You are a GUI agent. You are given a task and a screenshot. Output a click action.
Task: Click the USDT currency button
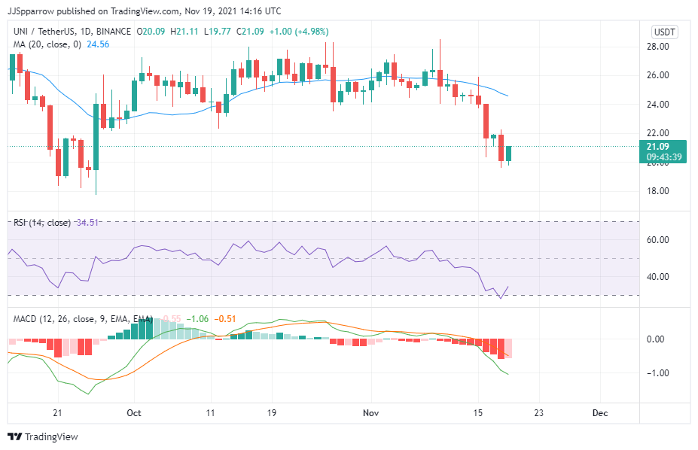[x=664, y=32]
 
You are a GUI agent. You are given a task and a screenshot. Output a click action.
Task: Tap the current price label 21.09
[x=658, y=146]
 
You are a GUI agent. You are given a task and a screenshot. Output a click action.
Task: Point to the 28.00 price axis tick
[x=660, y=47]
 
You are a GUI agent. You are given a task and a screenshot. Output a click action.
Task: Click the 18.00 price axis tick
[x=660, y=191]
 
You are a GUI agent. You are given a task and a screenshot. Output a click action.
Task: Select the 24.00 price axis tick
[x=660, y=105]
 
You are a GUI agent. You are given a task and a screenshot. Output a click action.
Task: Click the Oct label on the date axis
[x=134, y=413]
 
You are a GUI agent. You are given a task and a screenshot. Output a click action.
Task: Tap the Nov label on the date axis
[x=370, y=413]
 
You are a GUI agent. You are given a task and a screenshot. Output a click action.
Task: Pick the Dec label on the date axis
[x=600, y=413]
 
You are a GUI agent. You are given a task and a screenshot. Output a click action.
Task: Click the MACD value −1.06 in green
[x=197, y=319]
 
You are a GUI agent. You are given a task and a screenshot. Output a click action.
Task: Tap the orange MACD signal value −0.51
[x=224, y=319]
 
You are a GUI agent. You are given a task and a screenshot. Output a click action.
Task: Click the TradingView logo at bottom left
[x=43, y=436]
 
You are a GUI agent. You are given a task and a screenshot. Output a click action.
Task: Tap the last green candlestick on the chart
[x=509, y=154]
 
